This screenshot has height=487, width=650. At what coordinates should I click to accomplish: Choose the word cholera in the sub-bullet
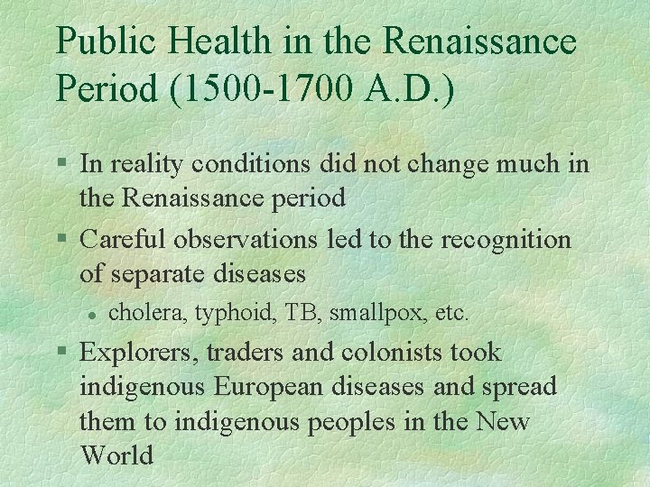click(x=139, y=313)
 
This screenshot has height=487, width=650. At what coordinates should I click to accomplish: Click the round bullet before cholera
click(x=91, y=313)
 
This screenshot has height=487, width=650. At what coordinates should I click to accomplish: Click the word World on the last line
click(x=116, y=455)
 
